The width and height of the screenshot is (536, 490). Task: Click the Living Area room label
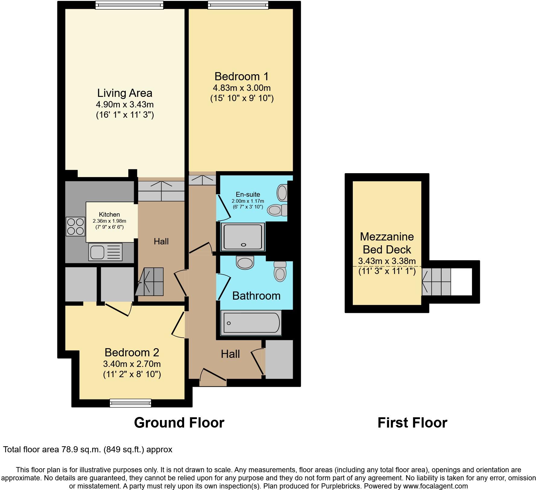point(125,93)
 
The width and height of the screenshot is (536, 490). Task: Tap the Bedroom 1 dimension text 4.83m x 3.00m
point(241,88)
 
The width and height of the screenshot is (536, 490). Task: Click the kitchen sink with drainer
point(105,252)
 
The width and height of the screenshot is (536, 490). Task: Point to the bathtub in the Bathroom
point(251,323)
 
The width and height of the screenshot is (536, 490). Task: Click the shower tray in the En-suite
point(243,237)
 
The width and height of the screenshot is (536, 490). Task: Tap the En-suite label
point(248,195)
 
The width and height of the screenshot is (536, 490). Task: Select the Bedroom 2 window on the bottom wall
point(130,402)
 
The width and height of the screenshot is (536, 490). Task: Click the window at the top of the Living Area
point(130,5)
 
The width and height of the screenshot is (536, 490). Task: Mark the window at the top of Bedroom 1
point(238,5)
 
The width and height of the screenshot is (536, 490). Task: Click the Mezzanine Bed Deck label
point(387,243)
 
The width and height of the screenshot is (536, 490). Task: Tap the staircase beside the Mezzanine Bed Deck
point(436,282)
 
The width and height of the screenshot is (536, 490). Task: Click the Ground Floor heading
point(179,423)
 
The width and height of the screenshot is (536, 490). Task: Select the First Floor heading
point(412,423)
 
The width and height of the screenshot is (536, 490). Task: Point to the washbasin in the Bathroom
point(245,262)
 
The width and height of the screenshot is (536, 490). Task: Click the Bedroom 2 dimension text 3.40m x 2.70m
point(132,364)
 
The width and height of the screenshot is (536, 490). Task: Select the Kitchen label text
point(109,215)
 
